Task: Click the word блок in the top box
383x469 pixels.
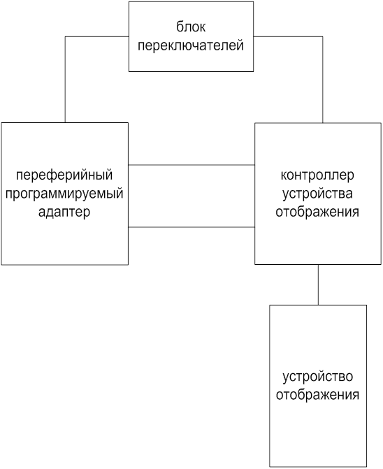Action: pyautogui.click(x=191, y=27)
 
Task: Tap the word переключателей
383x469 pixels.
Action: pyautogui.click(x=191, y=45)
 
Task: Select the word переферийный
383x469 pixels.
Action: pyautogui.click(x=64, y=175)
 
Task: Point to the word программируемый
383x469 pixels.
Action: pyautogui.click(x=64, y=194)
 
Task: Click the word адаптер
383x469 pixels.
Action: pyautogui.click(x=64, y=212)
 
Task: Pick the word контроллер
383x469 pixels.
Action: pyautogui.click(x=317, y=175)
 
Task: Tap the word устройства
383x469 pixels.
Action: pyautogui.click(x=317, y=194)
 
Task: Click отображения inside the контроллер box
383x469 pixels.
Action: pyautogui.click(x=317, y=212)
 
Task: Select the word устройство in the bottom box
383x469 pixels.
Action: pyautogui.click(x=318, y=377)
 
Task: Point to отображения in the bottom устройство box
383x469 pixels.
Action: pyautogui.click(x=317, y=395)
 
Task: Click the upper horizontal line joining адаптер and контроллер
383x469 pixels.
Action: pyautogui.click(x=191, y=165)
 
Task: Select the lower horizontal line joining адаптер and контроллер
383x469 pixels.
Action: pyautogui.click(x=191, y=227)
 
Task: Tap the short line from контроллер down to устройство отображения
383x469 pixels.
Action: pyautogui.click(x=318, y=284)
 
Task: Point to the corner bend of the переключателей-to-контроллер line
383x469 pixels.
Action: pyautogui.click(x=323, y=37)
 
